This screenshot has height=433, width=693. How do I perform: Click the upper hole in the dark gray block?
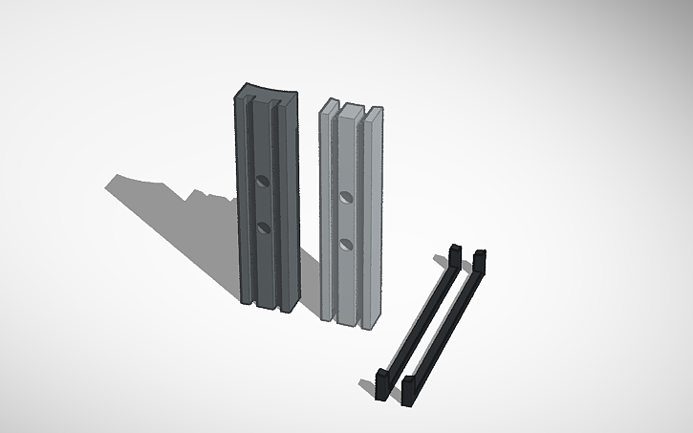[263, 179]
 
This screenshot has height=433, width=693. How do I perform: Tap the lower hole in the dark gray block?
[263, 227]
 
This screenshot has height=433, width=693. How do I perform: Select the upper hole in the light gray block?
[346, 197]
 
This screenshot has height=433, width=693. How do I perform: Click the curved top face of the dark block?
[267, 93]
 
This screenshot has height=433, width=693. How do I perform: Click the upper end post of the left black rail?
[455, 257]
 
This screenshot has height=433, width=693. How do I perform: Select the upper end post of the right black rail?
[478, 261]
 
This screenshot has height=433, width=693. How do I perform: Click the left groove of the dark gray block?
[249, 201]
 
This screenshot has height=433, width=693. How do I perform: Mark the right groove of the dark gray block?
[277, 201]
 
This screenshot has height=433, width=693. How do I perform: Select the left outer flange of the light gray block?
[325, 210]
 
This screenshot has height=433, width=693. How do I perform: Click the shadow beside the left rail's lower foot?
[367, 386]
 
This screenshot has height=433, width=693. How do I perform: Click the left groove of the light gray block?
[335, 210]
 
